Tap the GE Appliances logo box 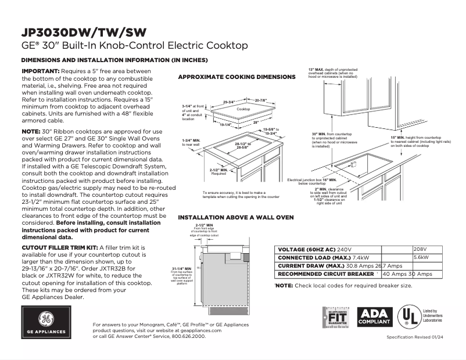point(45,323)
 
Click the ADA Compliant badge point(374,316)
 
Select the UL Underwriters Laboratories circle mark point(408,316)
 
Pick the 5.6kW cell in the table point(421,257)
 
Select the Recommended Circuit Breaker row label point(325,273)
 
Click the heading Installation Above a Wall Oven point(235,217)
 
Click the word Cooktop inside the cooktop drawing point(243,109)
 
